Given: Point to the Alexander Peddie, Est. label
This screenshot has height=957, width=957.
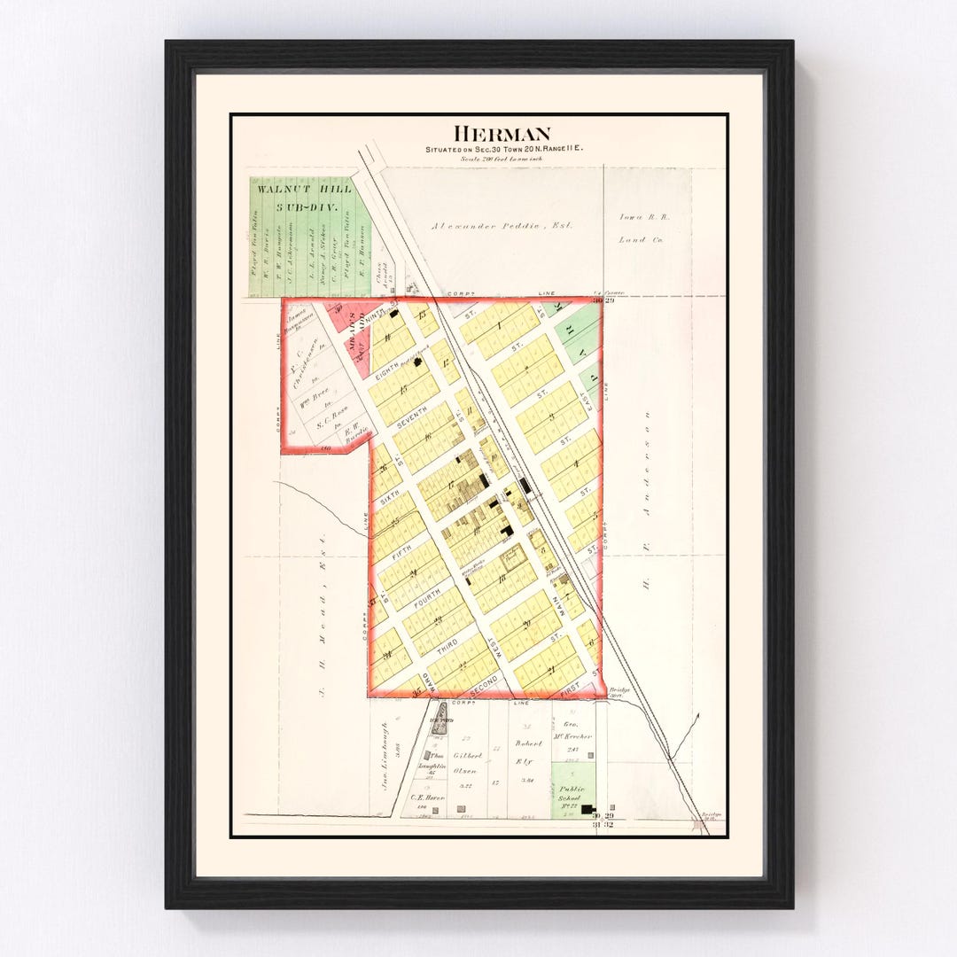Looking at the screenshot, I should (502, 226).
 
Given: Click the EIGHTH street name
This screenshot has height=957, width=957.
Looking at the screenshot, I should (382, 375).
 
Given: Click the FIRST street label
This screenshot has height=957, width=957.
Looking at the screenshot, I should (572, 686).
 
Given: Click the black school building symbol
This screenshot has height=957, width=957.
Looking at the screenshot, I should (587, 809).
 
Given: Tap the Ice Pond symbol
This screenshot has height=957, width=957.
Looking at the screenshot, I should (440, 716).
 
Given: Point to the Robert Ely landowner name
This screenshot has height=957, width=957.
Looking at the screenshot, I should (529, 751).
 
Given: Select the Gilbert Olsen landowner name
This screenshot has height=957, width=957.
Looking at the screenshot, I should (468, 763).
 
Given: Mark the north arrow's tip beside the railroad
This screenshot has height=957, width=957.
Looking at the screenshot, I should (697, 714).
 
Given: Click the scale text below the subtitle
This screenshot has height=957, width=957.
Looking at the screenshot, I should (502, 159).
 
